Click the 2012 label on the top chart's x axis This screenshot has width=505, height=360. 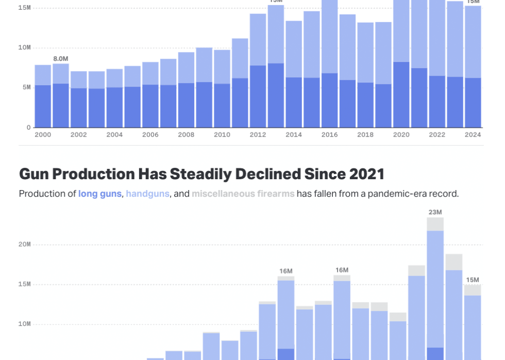pos(258,135)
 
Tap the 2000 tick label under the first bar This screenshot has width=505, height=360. pos(43,135)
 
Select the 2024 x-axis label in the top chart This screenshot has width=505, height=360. pos(473,135)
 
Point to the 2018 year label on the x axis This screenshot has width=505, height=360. pos(365,135)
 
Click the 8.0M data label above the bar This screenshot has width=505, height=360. pos(61,59)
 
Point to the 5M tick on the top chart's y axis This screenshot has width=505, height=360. pos(25,88)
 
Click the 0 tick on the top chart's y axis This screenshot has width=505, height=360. pos(29,127)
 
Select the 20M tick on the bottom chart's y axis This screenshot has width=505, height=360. pos(25,245)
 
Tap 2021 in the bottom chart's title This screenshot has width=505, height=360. pos(366,174)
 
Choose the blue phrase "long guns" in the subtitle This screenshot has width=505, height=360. pos(100,194)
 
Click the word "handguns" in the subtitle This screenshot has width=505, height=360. pos(147,194)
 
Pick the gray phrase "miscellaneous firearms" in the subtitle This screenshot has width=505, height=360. pos(243,194)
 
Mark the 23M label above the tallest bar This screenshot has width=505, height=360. pos(435,212)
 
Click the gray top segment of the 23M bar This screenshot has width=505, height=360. pos(435,224)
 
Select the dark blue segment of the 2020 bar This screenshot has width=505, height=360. pos(401,95)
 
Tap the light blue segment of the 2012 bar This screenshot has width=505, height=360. pos(258,40)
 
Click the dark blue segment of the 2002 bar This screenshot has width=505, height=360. pos(79,108)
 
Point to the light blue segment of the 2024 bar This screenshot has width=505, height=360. pos(473,42)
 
